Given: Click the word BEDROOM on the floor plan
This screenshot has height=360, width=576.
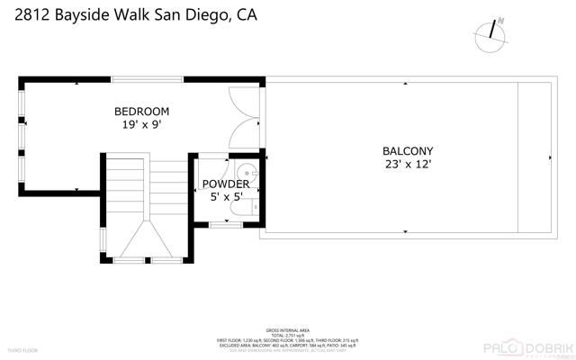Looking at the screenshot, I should pyautogui.click(x=141, y=112).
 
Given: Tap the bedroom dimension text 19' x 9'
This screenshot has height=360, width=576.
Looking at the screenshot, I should pyautogui.click(x=141, y=125).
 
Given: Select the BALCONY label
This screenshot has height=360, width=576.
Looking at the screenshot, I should pyautogui.click(x=408, y=151).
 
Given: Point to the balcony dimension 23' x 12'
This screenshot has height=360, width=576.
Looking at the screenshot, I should pyautogui.click(x=408, y=165).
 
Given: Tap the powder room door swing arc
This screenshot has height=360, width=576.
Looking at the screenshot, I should pyautogui.click(x=209, y=167).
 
